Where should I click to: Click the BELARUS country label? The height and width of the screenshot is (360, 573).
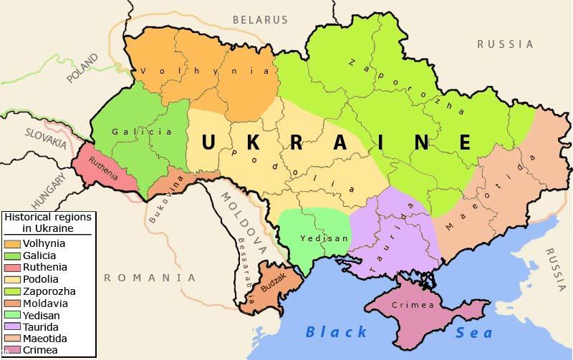(260, 20)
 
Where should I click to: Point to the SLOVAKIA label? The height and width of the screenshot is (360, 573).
(45, 137)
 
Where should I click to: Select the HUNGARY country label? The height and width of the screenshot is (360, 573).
(48, 190)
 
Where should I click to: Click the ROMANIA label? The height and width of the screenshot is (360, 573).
(150, 277)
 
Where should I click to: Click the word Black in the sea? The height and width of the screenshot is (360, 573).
(336, 331)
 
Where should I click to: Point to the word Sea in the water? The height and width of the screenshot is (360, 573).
(474, 332)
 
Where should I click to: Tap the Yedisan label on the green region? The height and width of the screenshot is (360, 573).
(314, 238)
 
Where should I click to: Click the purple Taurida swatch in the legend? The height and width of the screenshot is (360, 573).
(13, 326)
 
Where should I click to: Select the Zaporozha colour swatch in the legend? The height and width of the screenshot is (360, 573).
(13, 291)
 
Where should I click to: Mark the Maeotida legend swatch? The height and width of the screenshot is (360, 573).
(13, 339)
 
